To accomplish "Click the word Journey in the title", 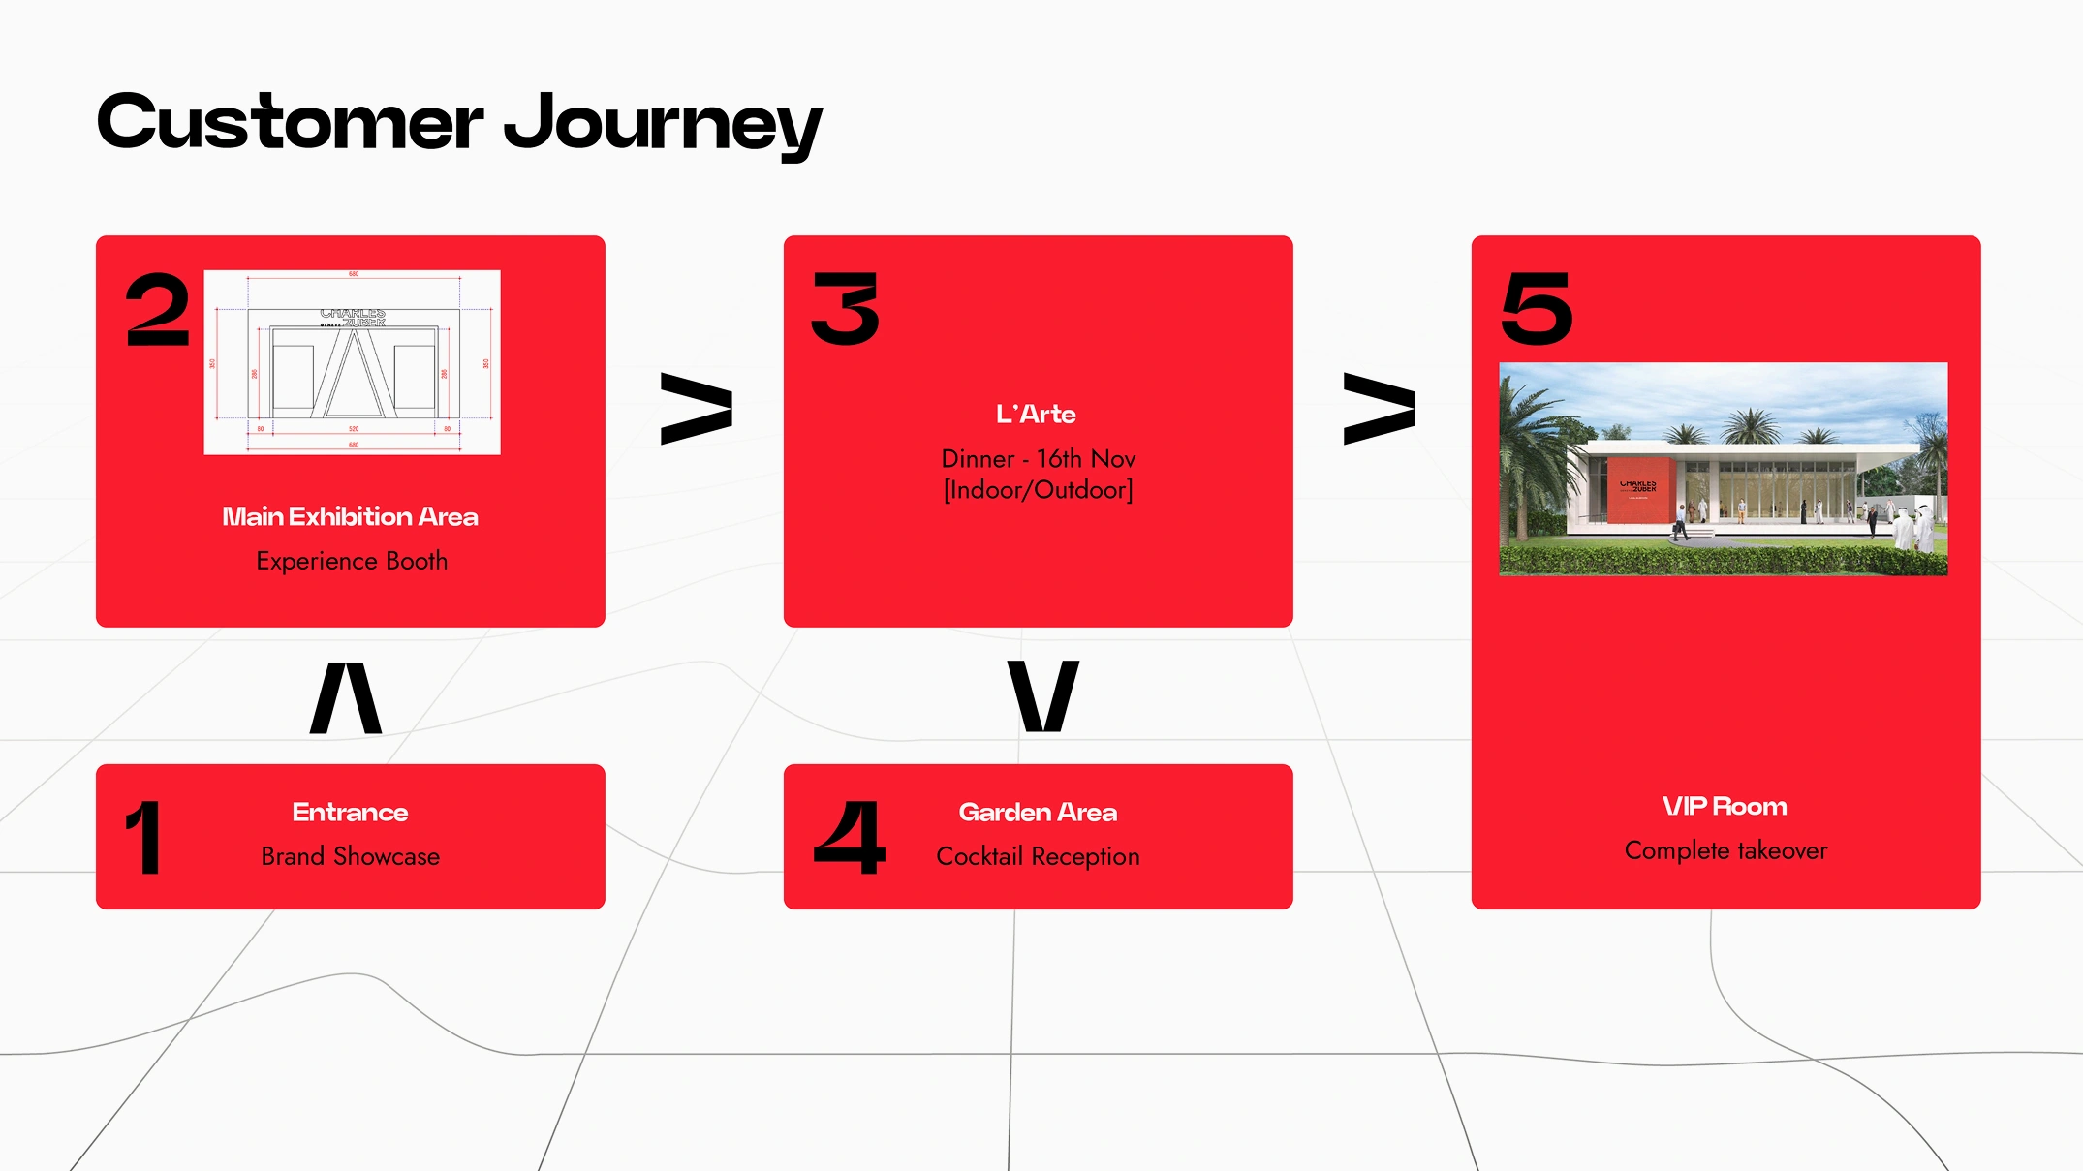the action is click(x=663, y=124).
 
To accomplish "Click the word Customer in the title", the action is click(x=290, y=124).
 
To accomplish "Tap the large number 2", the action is click(x=157, y=309).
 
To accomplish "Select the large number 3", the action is click(x=846, y=309).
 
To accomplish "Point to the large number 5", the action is click(x=1536, y=309).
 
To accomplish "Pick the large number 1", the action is click(x=143, y=838).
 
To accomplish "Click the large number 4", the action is click(x=850, y=838).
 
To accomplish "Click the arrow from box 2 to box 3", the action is click(x=696, y=408).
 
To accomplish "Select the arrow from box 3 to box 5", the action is click(x=1379, y=408).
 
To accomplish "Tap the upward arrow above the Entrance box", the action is click(x=346, y=697).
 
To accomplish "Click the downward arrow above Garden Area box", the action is click(x=1042, y=695).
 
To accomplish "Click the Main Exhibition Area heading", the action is click(x=350, y=517).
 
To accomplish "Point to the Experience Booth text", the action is click(x=352, y=562).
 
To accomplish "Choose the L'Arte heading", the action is click(x=1036, y=415).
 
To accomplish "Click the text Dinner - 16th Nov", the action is click(x=1038, y=459).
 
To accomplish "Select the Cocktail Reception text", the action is click(x=1038, y=857).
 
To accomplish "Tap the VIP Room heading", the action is click(x=1725, y=807).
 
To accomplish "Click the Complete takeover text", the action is click(x=1725, y=851).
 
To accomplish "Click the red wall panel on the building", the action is click(x=1638, y=491).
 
